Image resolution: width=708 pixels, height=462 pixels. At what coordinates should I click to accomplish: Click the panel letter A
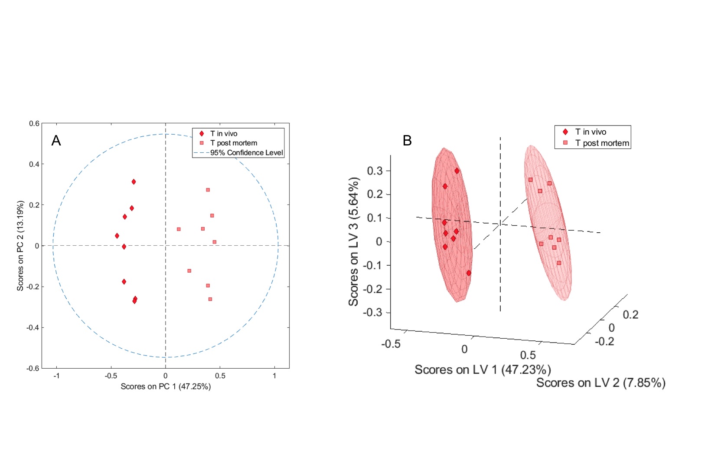pyautogui.click(x=56, y=141)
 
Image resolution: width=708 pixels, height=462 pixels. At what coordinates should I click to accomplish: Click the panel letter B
pyautogui.click(x=407, y=141)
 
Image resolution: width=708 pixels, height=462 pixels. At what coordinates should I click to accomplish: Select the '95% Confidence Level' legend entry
pyautogui.click(x=246, y=152)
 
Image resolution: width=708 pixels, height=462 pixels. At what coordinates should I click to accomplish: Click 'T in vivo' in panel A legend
pyautogui.click(x=224, y=134)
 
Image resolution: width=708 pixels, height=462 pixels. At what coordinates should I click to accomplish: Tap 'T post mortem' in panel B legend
pyautogui.click(x=602, y=143)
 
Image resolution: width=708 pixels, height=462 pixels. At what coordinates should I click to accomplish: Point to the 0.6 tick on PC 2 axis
pyautogui.click(x=34, y=124)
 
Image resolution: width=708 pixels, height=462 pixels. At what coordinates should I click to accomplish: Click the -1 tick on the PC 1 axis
pyautogui.click(x=56, y=376)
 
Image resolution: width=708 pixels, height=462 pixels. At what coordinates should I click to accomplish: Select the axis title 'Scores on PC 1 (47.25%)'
pyautogui.click(x=166, y=386)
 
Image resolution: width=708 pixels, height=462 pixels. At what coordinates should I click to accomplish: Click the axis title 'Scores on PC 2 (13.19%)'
pyautogui.click(x=20, y=246)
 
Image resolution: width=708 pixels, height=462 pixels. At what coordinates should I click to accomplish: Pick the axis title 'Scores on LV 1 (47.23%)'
pyautogui.click(x=483, y=370)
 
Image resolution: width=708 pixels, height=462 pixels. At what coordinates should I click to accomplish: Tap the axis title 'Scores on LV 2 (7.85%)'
pyautogui.click(x=600, y=383)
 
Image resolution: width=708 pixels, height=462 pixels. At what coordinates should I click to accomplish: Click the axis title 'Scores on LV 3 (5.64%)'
pyautogui.click(x=354, y=241)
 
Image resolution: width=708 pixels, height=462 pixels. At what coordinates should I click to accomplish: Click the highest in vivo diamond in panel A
pyautogui.click(x=134, y=182)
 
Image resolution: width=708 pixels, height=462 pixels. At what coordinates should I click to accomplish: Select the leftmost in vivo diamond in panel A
pyautogui.click(x=117, y=236)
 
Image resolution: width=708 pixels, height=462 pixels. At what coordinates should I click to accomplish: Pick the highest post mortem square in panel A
pyautogui.click(x=208, y=190)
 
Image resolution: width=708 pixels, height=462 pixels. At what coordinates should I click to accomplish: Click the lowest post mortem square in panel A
pyautogui.click(x=210, y=299)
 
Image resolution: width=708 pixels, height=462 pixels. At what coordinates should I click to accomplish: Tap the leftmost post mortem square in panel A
pyautogui.click(x=179, y=229)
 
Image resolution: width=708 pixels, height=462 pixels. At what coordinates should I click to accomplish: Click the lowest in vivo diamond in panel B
pyautogui.click(x=469, y=273)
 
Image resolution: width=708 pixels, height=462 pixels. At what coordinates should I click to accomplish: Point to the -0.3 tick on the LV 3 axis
pyautogui.click(x=375, y=313)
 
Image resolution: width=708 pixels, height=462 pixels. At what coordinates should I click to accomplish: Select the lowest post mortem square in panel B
pyautogui.click(x=559, y=263)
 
